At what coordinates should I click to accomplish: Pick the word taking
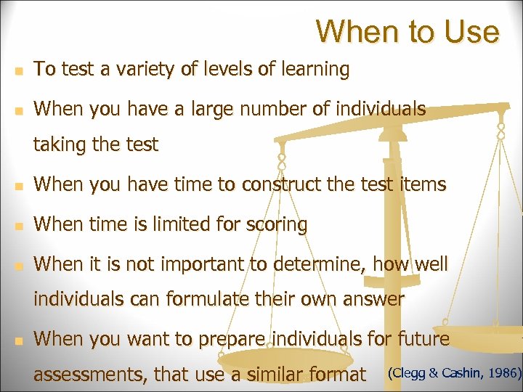click(60, 145)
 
